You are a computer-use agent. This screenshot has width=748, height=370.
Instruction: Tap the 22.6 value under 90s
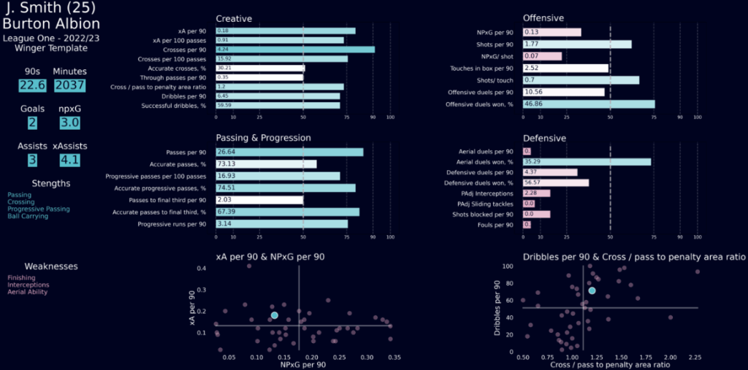pyautogui.click(x=31, y=85)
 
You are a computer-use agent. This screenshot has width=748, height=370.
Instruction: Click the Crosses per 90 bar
pyautogui.click(x=295, y=50)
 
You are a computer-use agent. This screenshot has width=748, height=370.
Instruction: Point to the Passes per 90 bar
pyautogui.click(x=289, y=152)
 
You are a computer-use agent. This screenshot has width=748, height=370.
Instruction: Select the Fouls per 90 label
pyautogui.click(x=497, y=225)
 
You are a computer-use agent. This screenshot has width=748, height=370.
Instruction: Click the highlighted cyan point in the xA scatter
pyautogui.click(x=274, y=315)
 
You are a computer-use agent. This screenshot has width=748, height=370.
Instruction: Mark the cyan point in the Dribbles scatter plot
pyautogui.click(x=592, y=290)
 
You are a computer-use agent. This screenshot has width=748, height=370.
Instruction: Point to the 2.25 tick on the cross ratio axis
pyautogui.click(x=697, y=357)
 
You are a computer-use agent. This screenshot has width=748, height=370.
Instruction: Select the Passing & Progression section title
pyautogui.click(x=264, y=137)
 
